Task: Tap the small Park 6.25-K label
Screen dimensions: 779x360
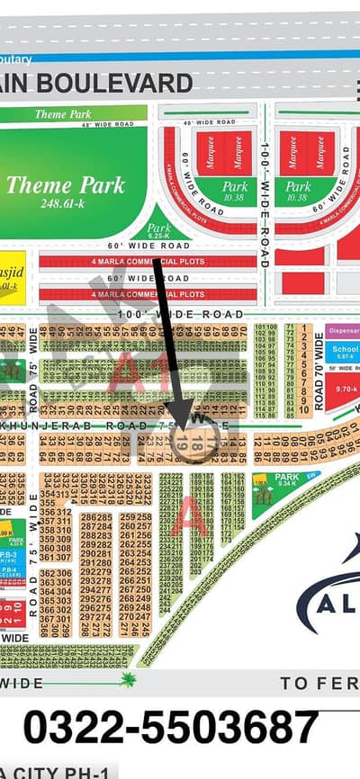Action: pos(158,231)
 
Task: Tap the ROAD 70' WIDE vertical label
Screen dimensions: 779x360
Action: pos(319,374)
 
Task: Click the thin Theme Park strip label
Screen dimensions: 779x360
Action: pos(64,114)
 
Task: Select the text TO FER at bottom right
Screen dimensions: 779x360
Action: pos(319,685)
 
